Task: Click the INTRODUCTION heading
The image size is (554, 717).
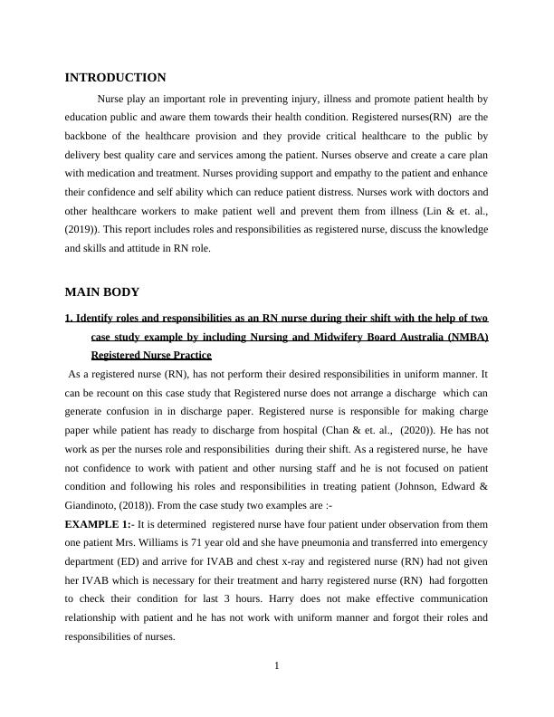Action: pyautogui.click(x=115, y=78)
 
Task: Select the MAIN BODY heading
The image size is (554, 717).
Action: pyautogui.click(x=101, y=292)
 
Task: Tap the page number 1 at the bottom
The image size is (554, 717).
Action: pyautogui.click(x=277, y=667)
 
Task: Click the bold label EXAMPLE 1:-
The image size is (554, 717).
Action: pyautogui.click(x=98, y=525)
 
